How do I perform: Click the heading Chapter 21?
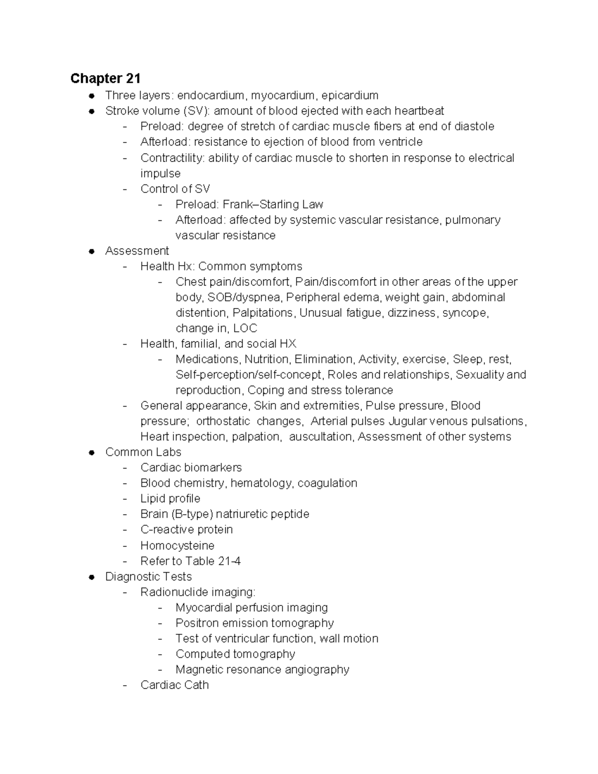[x=105, y=78]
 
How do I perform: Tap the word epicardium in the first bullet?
[x=349, y=95]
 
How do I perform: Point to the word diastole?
[x=474, y=126]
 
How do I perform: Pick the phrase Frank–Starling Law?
[x=273, y=204]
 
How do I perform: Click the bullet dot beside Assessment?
[x=91, y=251]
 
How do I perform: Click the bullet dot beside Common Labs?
[x=91, y=453]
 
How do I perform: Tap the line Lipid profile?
[x=170, y=498]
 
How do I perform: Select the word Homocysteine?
[x=177, y=545]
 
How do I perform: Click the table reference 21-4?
[x=229, y=561]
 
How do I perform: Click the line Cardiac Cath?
[x=174, y=685]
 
